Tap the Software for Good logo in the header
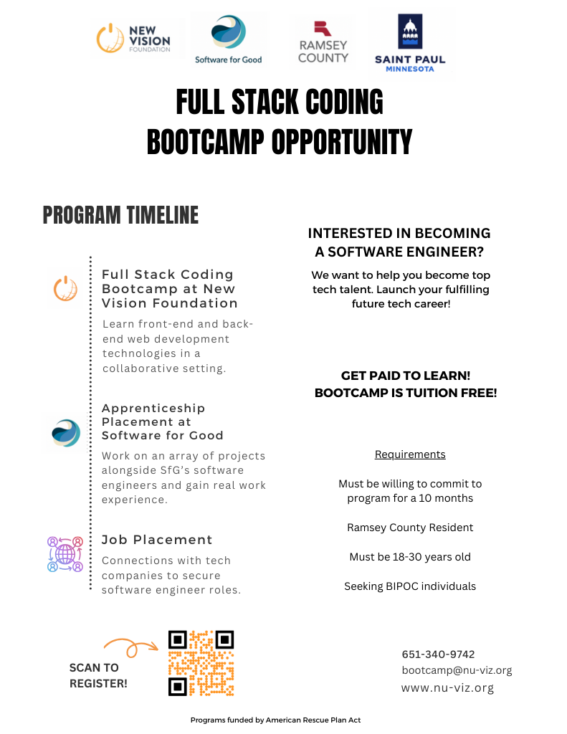229,39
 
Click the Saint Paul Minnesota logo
410,42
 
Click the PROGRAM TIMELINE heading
120,215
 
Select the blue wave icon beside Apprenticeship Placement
66,433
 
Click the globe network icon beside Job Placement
65,553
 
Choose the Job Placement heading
157,540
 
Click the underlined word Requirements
410,454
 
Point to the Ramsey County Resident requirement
410,528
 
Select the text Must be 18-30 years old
410,557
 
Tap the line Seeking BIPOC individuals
410,586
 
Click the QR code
201,663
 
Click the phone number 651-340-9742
438,654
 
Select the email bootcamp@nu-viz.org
457,671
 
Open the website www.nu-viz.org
447,688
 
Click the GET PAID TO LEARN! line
406,376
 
